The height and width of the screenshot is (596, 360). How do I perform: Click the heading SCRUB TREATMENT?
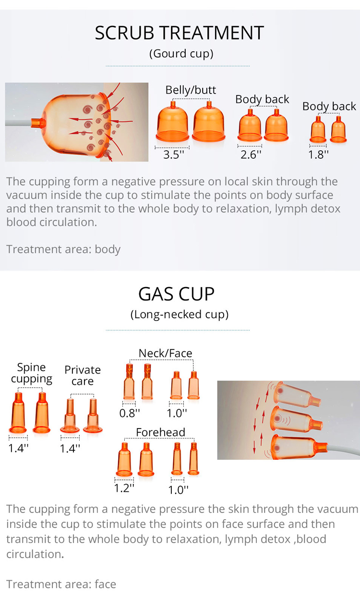tap(180, 33)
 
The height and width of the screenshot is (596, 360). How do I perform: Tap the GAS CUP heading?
tap(176, 294)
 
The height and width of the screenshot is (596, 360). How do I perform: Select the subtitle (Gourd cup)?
tap(181, 53)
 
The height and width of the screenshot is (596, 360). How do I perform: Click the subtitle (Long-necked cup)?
tap(180, 314)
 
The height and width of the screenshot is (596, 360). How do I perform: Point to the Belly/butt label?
tap(191, 90)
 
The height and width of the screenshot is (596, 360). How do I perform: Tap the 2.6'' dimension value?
tap(251, 155)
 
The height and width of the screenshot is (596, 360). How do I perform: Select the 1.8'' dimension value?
tap(319, 155)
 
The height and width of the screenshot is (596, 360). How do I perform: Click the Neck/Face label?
tap(165, 353)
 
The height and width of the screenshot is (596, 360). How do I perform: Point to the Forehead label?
tap(160, 432)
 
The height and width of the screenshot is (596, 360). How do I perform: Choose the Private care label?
tap(83, 375)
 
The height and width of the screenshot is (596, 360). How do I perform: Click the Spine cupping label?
tap(32, 373)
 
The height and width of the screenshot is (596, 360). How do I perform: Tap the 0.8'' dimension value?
tap(130, 412)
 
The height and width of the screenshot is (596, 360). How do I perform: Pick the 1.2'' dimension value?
tap(124, 488)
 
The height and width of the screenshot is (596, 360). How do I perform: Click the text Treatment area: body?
tap(63, 249)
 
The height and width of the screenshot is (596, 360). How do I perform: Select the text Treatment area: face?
tap(61, 584)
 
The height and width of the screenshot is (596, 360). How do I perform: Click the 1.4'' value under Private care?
tap(70, 448)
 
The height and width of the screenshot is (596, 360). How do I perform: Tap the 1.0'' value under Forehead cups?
tap(178, 490)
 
